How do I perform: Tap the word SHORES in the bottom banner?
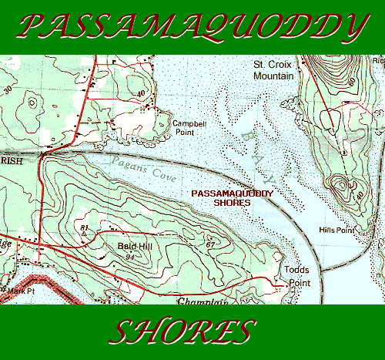tap(183, 332)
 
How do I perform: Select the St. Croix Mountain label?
tap(274, 72)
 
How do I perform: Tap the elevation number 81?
tap(82, 227)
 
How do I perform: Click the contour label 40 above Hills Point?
tap(361, 196)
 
